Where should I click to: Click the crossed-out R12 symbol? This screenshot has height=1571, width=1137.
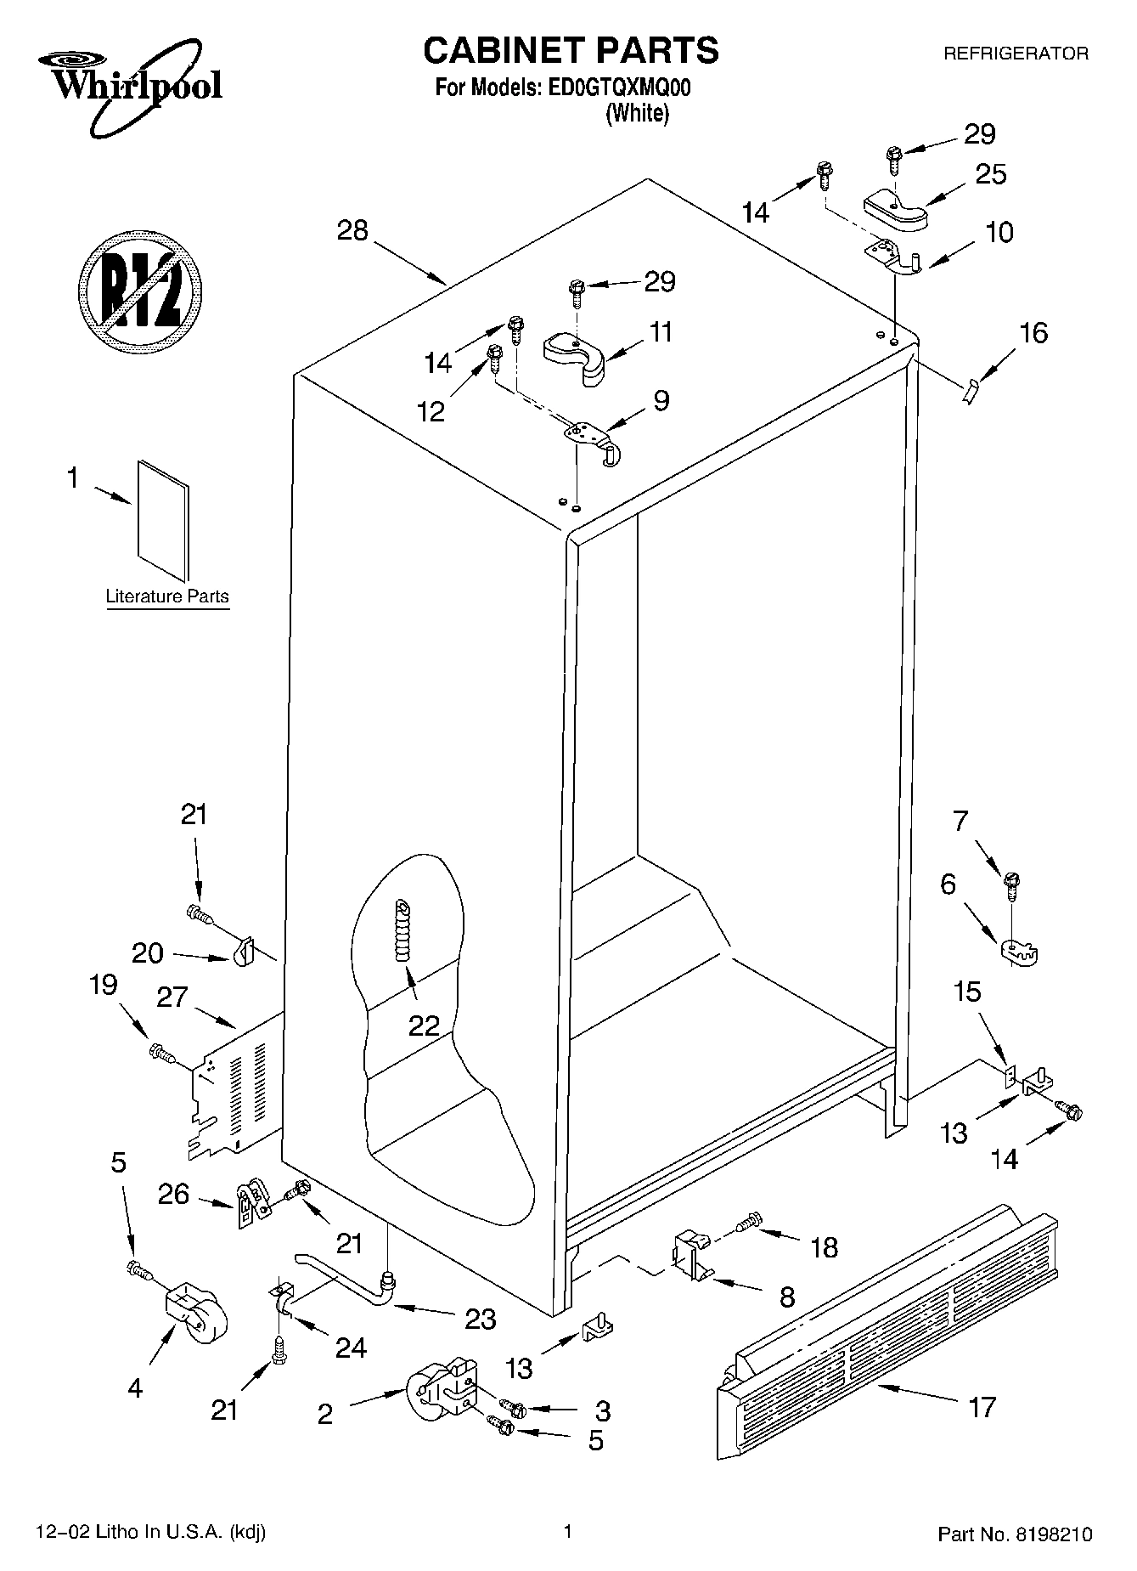coord(140,290)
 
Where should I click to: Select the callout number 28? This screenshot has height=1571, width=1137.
coord(352,229)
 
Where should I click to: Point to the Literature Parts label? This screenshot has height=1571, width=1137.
coord(167,596)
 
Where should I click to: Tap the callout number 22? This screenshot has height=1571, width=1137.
coord(424,1026)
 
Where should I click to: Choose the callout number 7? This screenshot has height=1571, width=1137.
coord(960,821)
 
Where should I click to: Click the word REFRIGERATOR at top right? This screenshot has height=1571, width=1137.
coord(1016,54)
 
